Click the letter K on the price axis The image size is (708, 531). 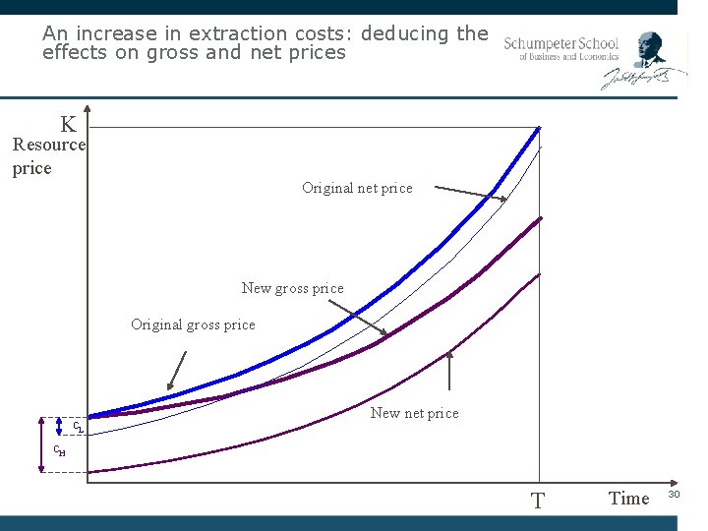click(x=68, y=125)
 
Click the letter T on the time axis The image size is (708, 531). click(x=537, y=501)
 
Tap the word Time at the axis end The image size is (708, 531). click(x=629, y=499)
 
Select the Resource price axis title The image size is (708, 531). click(x=48, y=156)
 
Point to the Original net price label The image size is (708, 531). click(x=357, y=188)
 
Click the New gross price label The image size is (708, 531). click(x=292, y=288)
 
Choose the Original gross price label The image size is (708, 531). click(x=193, y=324)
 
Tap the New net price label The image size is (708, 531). click(x=414, y=413)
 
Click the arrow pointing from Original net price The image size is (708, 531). click(x=470, y=194)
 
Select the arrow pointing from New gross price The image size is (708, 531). click(x=356, y=318)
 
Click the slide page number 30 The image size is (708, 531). click(x=675, y=494)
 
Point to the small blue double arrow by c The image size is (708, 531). click(x=61, y=425)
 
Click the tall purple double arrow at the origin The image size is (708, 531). click(x=41, y=444)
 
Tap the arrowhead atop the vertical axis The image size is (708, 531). click(x=88, y=109)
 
